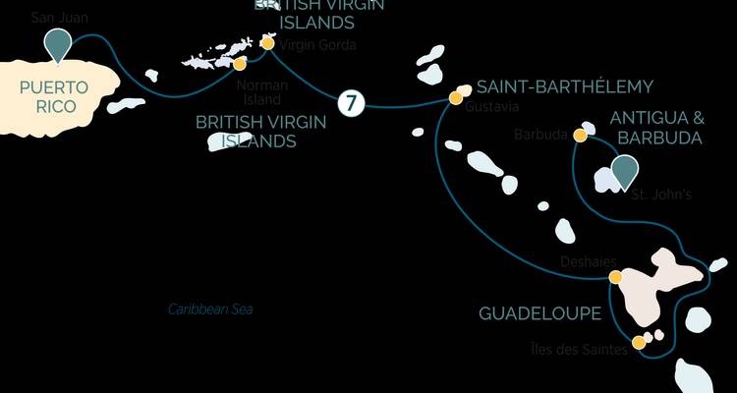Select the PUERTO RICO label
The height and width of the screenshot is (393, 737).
pyautogui.click(x=54, y=97)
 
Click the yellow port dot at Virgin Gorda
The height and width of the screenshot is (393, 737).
pyautogui.click(x=268, y=43)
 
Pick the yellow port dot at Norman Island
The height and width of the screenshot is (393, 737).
pyautogui.click(x=240, y=64)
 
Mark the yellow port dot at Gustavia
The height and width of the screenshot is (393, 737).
pyautogui.click(x=455, y=97)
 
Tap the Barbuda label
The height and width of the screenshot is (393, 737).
pyautogui.click(x=539, y=135)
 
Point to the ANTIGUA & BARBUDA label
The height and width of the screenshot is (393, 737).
pyautogui.click(x=655, y=129)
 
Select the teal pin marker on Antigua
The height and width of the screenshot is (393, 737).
pyautogui.click(x=623, y=171)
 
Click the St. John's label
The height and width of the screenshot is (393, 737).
pyautogui.click(x=660, y=195)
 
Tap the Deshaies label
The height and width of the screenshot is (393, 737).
pyautogui.click(x=588, y=261)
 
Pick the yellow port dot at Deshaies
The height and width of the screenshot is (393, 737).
pyautogui.click(x=615, y=277)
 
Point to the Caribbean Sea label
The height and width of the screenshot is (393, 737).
pyautogui.click(x=210, y=309)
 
